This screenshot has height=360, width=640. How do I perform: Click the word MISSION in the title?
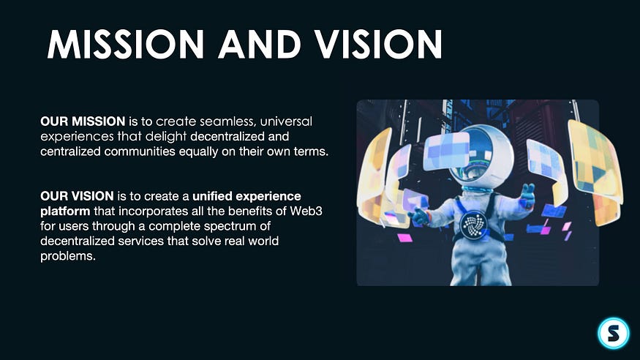pyautogui.click(x=126, y=44)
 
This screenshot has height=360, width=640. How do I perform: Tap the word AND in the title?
pyautogui.click(x=259, y=44)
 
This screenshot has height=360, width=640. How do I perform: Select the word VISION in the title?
pyautogui.click(x=378, y=44)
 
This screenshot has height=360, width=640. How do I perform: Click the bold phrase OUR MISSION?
pyautogui.click(x=83, y=121)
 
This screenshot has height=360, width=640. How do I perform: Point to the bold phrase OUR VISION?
pyautogui.click(x=77, y=196)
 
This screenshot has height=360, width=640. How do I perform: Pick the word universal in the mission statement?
pyautogui.click(x=286, y=121)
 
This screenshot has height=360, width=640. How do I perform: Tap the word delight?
pyautogui.click(x=166, y=137)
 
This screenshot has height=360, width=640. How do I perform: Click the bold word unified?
pyautogui.click(x=212, y=196)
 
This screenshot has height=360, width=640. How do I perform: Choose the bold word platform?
pyautogui.click(x=65, y=212)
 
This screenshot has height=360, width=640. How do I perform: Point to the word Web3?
pyautogui.click(x=306, y=211)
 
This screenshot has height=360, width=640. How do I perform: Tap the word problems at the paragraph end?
pyautogui.click(x=68, y=256)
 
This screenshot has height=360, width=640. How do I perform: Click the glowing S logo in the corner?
pyautogui.click(x=614, y=333)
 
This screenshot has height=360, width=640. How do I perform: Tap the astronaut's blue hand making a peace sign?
pyautogui.click(x=527, y=196)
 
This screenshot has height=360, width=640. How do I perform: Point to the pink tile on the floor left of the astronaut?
pyautogui.click(x=404, y=238)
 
